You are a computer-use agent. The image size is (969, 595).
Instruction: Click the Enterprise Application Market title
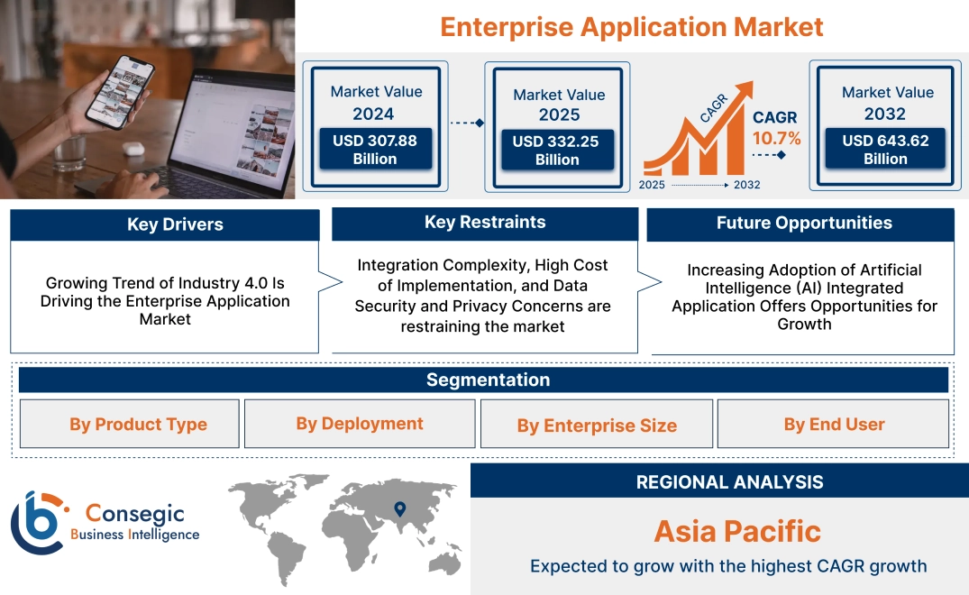[x=631, y=26]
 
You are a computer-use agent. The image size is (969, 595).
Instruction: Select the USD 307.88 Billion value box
[x=374, y=150]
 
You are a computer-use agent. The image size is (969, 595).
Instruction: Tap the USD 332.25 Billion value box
[x=557, y=151]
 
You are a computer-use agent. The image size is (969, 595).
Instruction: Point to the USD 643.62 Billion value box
[x=885, y=150]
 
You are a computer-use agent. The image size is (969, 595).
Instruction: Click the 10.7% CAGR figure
[x=776, y=139]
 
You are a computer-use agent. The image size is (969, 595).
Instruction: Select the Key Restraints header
[x=485, y=223]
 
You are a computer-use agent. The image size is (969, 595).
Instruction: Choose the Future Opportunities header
[x=803, y=224]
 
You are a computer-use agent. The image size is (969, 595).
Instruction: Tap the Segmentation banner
[x=488, y=380]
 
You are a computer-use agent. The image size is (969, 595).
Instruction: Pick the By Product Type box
[x=138, y=425]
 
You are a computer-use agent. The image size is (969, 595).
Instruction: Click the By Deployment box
[x=360, y=424]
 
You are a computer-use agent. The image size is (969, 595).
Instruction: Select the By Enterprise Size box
[x=597, y=426]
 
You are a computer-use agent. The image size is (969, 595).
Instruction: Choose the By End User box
[x=834, y=425]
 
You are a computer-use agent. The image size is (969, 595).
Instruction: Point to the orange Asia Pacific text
[x=737, y=531]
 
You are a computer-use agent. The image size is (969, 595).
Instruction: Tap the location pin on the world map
[x=399, y=509]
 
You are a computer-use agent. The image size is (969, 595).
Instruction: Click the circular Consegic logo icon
[x=37, y=523]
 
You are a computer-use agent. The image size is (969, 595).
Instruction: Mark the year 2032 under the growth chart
[x=746, y=185]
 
